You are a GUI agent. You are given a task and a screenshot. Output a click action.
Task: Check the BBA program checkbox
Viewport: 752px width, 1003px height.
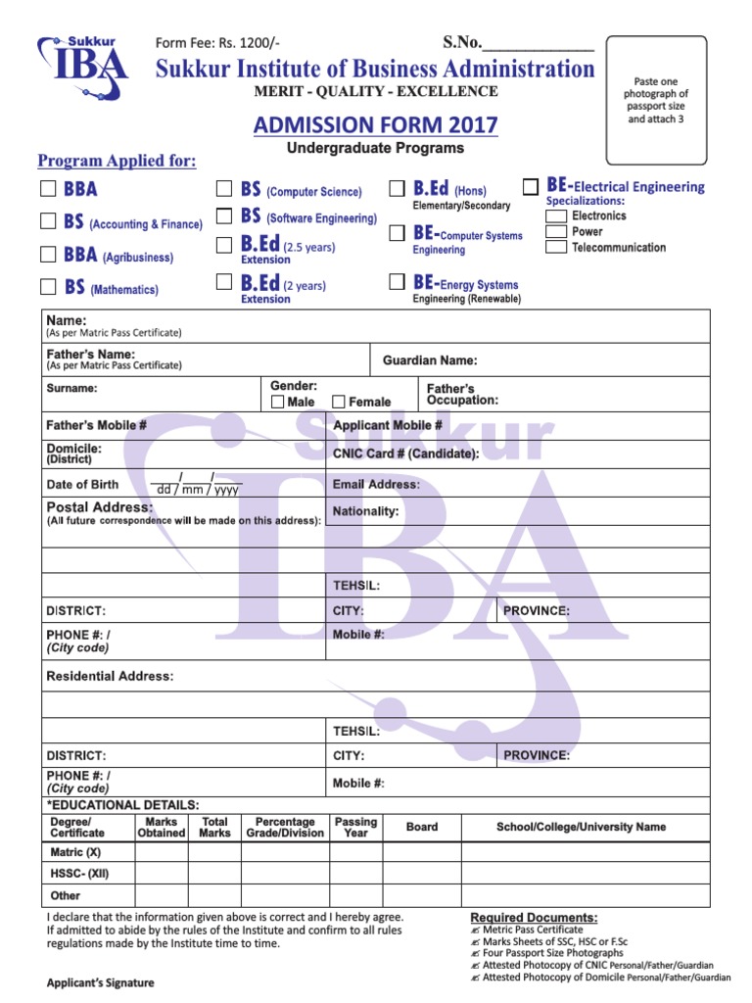[48, 189]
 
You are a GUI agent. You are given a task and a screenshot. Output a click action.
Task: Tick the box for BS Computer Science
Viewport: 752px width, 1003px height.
[223, 189]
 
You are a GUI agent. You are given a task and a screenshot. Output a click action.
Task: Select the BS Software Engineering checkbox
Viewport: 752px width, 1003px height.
[223, 215]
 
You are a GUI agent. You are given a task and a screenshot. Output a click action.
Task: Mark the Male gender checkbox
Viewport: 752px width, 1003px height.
[278, 402]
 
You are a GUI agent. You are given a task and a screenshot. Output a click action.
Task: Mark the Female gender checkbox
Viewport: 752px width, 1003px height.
[339, 402]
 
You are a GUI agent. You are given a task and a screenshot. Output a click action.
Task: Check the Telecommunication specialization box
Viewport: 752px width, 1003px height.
[555, 247]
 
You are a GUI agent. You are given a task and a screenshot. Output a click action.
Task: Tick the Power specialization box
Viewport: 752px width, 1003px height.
[555, 231]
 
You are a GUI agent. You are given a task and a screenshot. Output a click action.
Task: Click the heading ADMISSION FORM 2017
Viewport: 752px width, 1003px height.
[375, 125]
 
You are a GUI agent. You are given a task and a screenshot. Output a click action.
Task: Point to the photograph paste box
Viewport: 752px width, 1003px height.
[656, 101]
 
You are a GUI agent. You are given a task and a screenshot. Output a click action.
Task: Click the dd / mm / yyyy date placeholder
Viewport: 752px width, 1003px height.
[199, 489]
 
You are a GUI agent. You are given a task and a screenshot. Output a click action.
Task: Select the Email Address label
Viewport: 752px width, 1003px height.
[376, 484]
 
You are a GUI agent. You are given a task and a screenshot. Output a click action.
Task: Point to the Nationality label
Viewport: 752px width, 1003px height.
[365, 511]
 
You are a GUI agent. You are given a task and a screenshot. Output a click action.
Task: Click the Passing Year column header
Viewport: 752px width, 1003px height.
[355, 828]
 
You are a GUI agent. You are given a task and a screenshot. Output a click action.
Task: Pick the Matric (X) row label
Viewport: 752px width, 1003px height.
[75, 852]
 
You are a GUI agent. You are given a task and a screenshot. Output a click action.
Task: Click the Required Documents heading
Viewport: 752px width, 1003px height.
[534, 917]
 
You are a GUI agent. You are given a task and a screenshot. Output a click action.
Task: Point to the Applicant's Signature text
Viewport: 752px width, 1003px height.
[101, 982]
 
